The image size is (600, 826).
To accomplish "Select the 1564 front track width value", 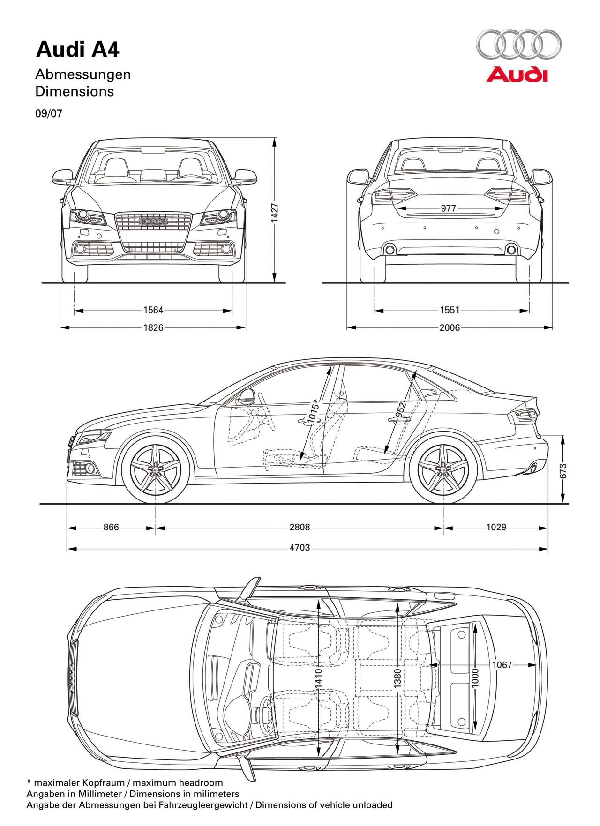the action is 153,310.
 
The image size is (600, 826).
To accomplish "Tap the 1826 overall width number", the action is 153,327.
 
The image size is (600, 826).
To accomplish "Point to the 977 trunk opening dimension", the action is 448,208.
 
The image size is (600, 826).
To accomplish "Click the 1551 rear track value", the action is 450,310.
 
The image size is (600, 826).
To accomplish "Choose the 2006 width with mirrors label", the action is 450,327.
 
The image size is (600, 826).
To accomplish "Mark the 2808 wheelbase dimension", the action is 300,527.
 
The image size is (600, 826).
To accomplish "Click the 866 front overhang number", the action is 111,527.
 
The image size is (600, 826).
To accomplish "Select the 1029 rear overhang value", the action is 496,527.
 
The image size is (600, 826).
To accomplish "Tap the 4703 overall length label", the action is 300,547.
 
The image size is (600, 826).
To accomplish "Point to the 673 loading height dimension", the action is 563,471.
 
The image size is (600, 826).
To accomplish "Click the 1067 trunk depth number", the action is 502,665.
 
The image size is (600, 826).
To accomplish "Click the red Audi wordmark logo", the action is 517,74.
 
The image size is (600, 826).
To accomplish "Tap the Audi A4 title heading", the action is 78,50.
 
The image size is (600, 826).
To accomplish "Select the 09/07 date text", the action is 49,113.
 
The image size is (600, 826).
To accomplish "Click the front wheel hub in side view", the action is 155,469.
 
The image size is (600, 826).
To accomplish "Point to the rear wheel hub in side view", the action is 442,469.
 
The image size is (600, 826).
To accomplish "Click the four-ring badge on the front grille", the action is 153,222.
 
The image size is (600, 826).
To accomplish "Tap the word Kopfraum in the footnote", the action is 104,783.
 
